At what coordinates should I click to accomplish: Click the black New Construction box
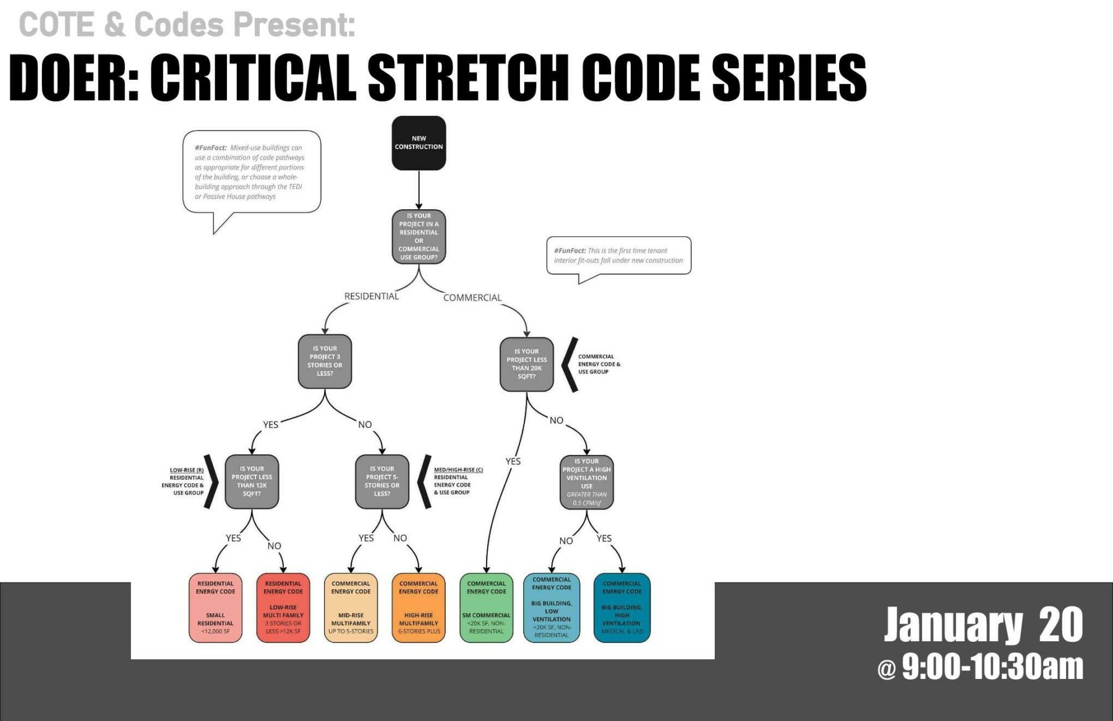point(419,143)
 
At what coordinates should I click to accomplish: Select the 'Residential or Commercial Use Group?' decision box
point(419,236)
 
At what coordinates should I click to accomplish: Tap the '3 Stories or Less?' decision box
point(325,361)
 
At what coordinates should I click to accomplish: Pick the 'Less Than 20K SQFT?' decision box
point(526,364)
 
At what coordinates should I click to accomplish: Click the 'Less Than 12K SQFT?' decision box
point(252,481)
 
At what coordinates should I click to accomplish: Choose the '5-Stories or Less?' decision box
point(382,481)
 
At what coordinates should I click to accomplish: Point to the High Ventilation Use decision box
point(586,482)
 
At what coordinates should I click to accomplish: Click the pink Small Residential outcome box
point(215,608)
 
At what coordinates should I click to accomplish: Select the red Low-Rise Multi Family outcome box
point(283,608)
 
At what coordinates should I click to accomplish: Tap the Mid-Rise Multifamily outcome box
point(351,608)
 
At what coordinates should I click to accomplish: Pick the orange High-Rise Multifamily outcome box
point(419,608)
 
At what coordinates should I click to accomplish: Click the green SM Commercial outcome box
point(486,608)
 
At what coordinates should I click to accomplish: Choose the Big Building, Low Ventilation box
point(552,608)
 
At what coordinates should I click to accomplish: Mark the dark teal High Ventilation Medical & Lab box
point(621,608)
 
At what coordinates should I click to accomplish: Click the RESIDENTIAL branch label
point(371,296)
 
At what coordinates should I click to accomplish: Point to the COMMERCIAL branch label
point(472,298)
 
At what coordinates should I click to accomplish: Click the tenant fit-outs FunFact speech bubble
point(618,256)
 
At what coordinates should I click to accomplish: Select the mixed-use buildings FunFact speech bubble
point(251,171)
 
